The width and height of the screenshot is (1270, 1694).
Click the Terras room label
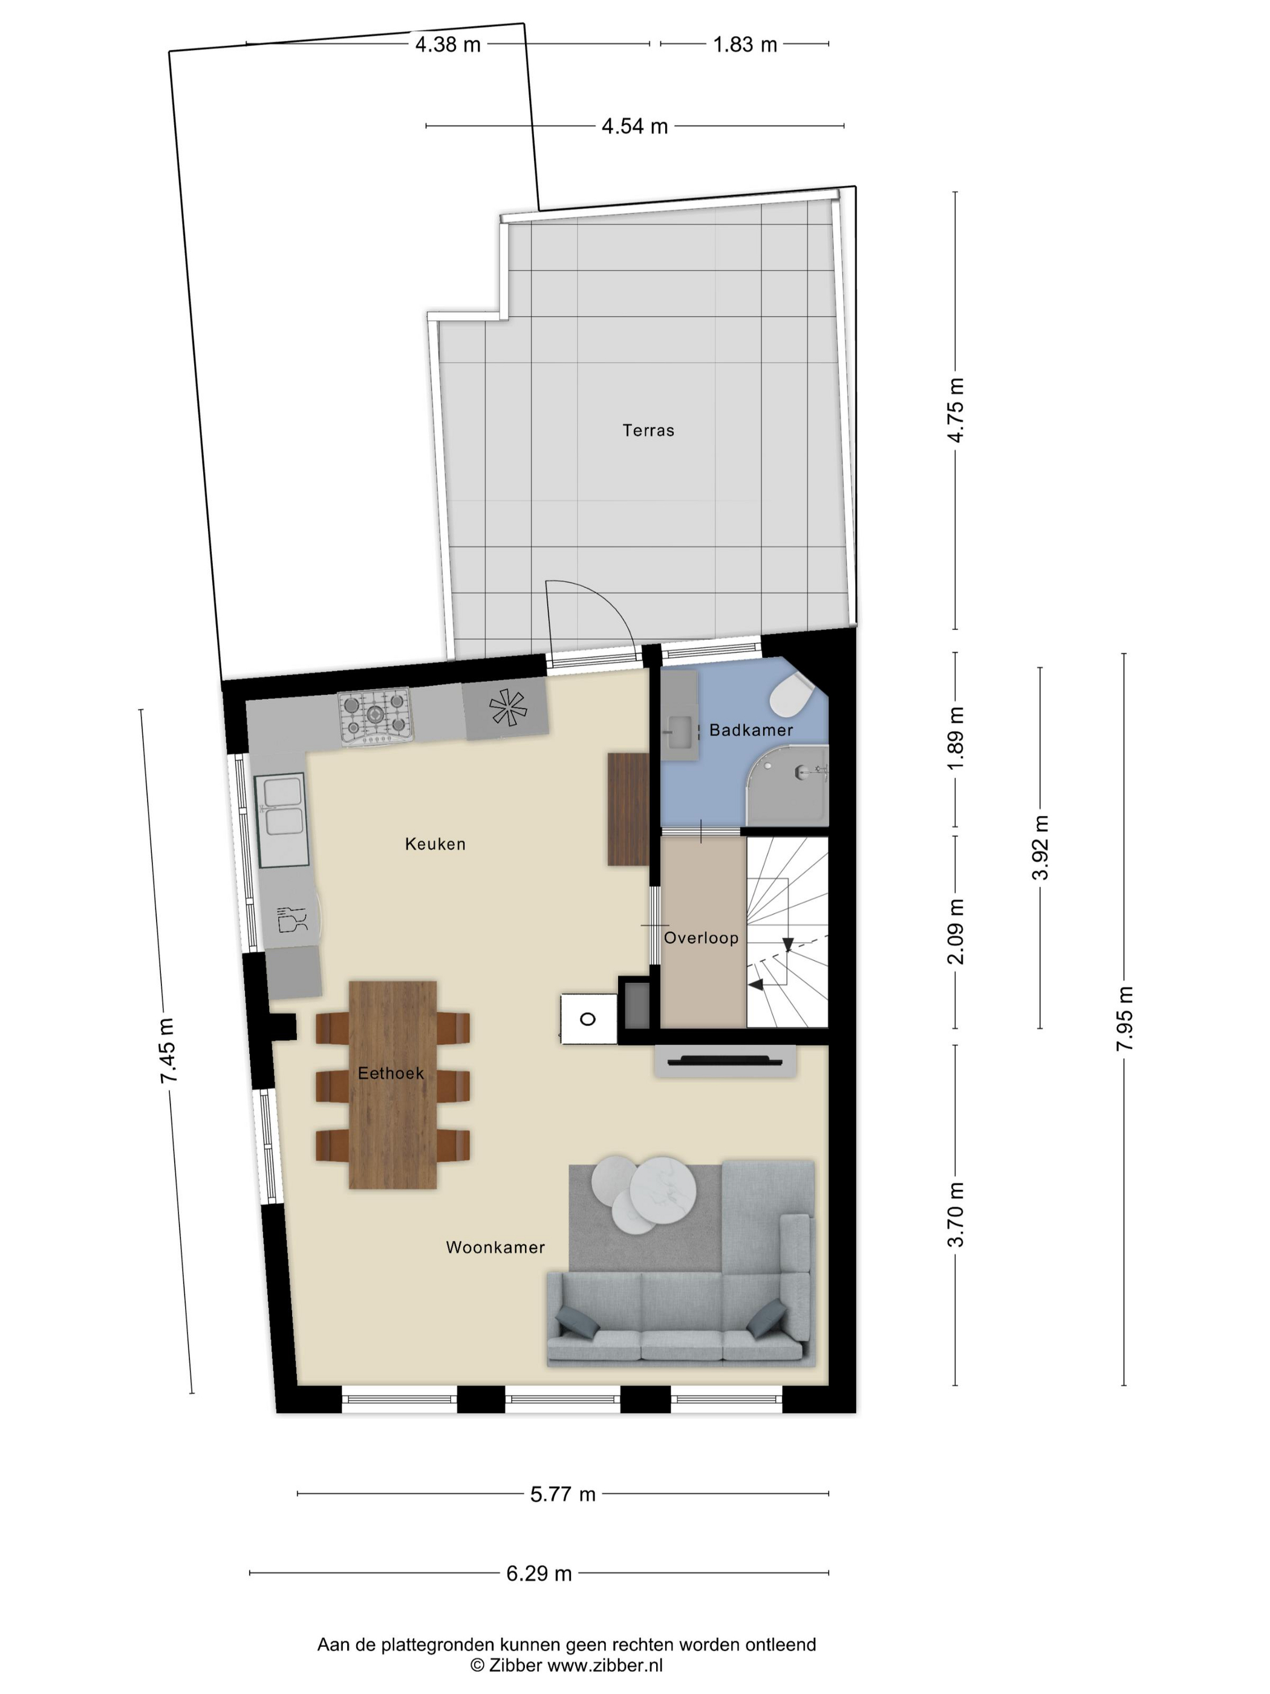coord(648,430)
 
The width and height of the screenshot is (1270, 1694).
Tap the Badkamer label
coord(751,730)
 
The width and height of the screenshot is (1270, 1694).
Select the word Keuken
coord(435,844)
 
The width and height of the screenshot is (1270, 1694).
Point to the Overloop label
coord(700,937)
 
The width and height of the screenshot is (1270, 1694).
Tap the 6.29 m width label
coord(539,1574)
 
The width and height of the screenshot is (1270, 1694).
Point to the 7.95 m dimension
coord(1124,1019)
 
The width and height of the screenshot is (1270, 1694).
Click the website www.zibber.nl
coord(604,1666)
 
